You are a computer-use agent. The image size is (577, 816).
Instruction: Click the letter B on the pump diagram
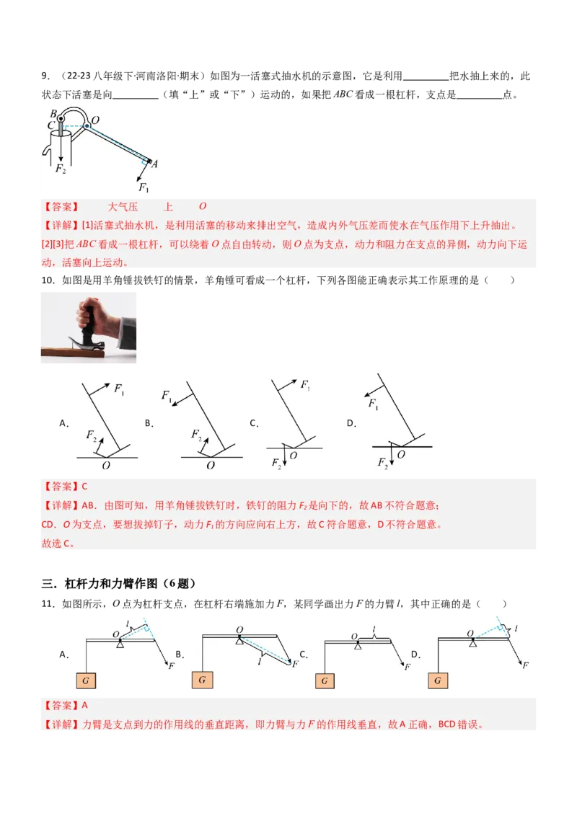point(53,113)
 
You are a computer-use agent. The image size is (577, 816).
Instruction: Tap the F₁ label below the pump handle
point(144,188)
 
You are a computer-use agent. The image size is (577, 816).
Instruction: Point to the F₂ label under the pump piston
point(61,169)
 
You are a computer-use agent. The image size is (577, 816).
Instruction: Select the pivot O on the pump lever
point(96,119)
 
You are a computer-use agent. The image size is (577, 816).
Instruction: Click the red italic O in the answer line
point(203,207)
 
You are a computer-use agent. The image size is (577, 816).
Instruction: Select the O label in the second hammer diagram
point(211,466)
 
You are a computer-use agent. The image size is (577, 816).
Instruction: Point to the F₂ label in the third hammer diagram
point(276,462)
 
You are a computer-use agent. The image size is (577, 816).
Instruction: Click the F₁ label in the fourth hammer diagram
point(374,405)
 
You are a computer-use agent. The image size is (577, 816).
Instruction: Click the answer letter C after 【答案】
point(84,487)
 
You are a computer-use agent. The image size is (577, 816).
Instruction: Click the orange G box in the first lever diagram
point(87,680)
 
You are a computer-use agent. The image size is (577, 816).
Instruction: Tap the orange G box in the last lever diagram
point(437,680)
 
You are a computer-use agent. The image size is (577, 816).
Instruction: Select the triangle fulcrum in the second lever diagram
point(239,639)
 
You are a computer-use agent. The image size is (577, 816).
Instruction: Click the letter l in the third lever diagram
point(374,629)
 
